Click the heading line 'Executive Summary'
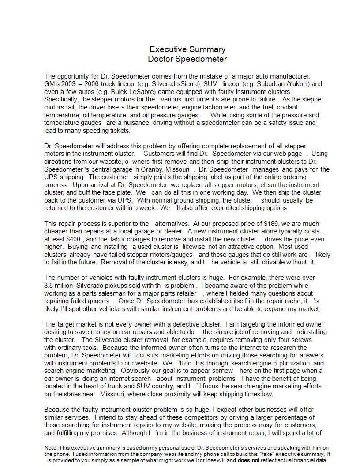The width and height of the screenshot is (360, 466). (187, 49)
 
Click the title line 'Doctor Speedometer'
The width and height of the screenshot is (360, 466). (187, 59)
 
